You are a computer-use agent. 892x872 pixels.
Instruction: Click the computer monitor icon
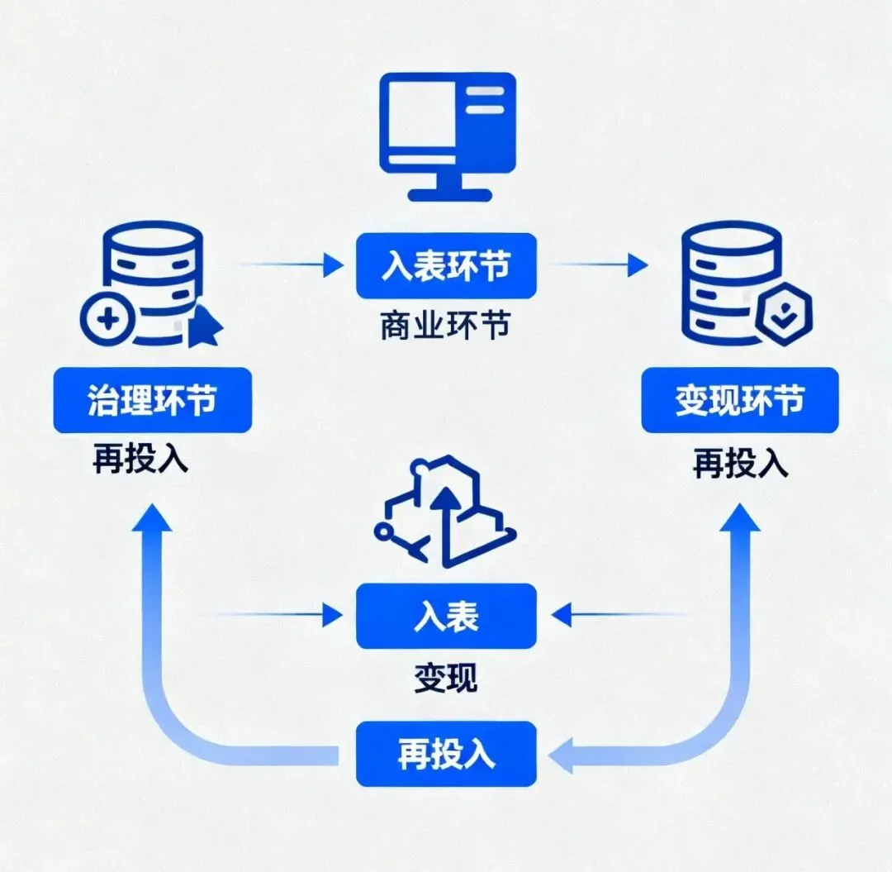(x=446, y=136)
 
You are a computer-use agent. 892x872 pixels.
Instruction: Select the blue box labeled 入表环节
(x=446, y=265)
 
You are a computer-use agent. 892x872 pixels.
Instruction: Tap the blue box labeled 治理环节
(x=152, y=401)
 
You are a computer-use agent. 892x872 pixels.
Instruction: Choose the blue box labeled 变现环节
(x=739, y=401)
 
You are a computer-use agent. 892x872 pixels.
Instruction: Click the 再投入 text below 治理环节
(x=140, y=460)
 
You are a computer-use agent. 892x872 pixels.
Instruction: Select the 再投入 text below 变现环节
(x=740, y=463)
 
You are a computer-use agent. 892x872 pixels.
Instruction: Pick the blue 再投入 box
(x=446, y=754)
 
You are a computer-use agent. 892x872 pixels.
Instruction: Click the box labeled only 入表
(x=446, y=616)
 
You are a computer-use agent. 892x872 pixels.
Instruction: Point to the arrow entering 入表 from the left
(x=273, y=614)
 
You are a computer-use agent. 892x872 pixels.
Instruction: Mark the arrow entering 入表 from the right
(x=619, y=614)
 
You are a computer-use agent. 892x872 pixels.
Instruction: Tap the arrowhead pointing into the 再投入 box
(x=562, y=755)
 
